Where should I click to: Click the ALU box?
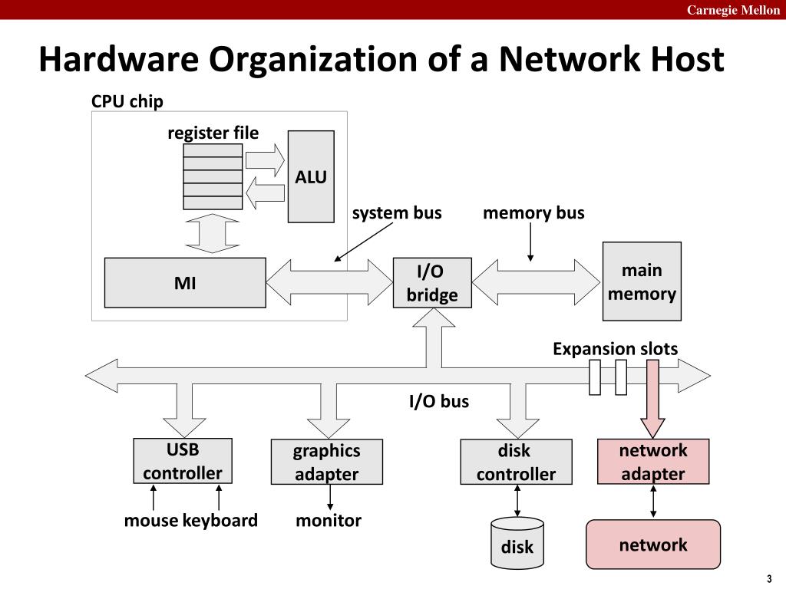click(311, 176)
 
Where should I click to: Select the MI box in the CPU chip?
click(185, 282)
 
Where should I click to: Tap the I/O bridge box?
click(432, 282)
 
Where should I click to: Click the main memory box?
click(642, 281)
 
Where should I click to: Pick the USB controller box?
click(183, 461)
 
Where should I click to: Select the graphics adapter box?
click(327, 462)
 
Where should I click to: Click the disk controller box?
click(516, 462)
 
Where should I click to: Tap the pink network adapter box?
click(653, 461)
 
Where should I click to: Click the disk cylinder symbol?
click(517, 544)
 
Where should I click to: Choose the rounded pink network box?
click(653, 545)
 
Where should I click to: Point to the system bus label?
click(397, 213)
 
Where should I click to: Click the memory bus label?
click(533, 213)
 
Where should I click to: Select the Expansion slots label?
click(615, 349)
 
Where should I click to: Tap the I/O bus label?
click(439, 401)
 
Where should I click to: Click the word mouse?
click(151, 521)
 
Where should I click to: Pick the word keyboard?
click(220, 521)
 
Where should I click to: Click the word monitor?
click(329, 521)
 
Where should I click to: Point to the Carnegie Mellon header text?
click(733, 10)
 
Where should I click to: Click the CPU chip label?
click(127, 101)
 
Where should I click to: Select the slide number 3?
click(769, 579)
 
